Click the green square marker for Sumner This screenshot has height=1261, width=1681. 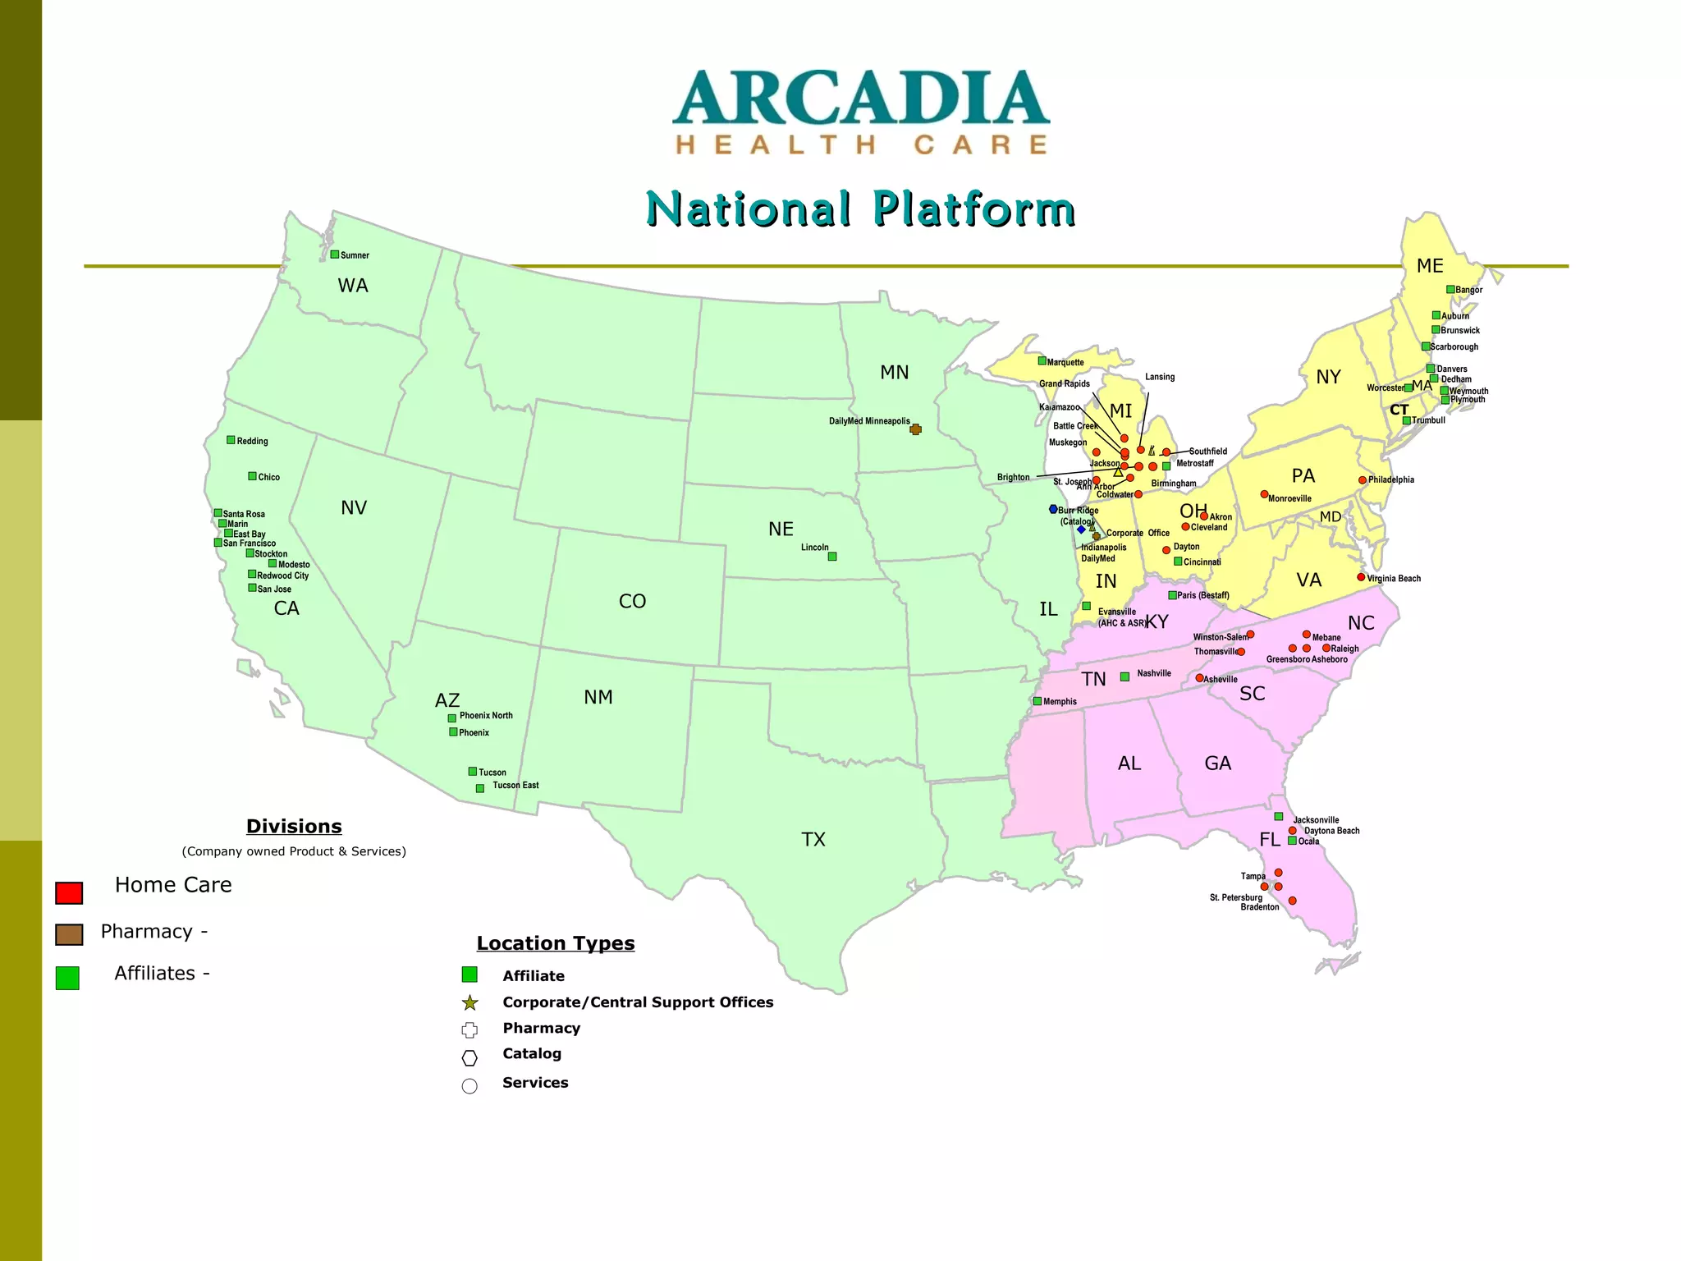[x=335, y=254]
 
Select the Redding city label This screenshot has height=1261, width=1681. [x=253, y=441]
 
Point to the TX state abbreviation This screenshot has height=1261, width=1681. [x=813, y=839]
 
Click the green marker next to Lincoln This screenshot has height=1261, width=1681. [x=832, y=557]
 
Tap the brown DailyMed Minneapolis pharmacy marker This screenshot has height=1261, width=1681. [x=916, y=429]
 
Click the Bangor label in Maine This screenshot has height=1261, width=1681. [x=1469, y=290]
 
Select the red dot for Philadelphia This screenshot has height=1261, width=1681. [x=1363, y=480]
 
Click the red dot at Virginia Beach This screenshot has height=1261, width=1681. [x=1361, y=577]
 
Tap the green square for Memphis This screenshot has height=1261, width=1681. [x=1037, y=701]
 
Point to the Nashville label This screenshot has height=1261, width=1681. [x=1154, y=673]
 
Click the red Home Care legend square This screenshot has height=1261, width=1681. [x=69, y=893]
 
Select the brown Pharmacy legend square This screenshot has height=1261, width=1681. [x=69, y=934]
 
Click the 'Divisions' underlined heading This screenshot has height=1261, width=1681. [x=294, y=826]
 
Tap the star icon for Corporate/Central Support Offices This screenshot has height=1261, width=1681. [x=469, y=1002]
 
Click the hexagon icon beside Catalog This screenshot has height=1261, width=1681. [x=469, y=1057]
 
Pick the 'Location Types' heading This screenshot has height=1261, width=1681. [x=556, y=943]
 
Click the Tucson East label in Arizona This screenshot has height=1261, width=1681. [x=515, y=786]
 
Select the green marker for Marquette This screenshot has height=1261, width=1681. [x=1042, y=360]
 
